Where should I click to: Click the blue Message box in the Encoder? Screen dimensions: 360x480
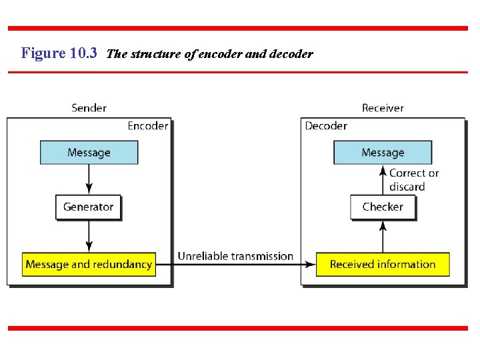coord(89,153)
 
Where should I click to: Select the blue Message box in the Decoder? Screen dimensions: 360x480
coord(383,153)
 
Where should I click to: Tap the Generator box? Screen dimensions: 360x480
coord(89,207)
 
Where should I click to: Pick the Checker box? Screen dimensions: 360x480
coord(383,207)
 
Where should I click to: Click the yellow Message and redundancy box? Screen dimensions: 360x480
coord(89,265)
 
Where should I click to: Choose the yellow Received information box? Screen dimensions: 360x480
coord(383,265)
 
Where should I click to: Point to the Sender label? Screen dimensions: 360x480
coord(89,108)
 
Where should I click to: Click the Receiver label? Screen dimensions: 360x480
coord(383,108)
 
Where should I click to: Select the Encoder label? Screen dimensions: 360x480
coord(147,126)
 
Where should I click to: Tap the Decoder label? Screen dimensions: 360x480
coord(326,126)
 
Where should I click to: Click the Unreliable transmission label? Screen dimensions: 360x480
coord(235,256)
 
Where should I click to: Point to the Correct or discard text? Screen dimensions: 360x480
coord(413,180)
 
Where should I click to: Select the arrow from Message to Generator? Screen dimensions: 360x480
coord(89,179)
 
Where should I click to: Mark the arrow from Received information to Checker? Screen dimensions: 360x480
coord(383,236)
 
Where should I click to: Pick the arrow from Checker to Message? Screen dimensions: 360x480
coord(383,179)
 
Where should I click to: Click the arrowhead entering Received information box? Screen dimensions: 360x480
coord(311,265)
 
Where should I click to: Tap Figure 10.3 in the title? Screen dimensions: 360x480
coord(59,53)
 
